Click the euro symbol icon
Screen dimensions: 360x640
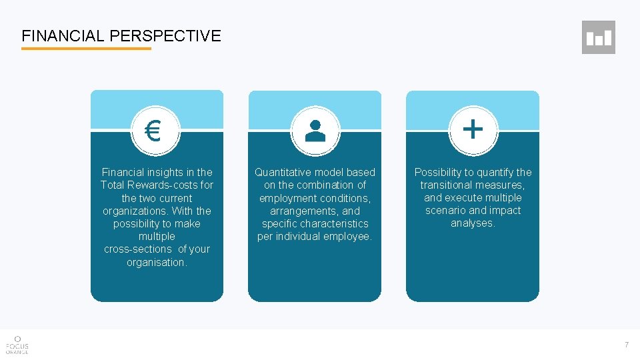[x=153, y=131]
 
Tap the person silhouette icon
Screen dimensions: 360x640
[x=315, y=131]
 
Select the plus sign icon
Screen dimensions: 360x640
[x=473, y=129]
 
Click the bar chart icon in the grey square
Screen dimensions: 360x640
[x=598, y=37]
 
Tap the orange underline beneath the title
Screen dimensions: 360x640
[x=86, y=49]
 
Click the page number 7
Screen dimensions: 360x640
[x=626, y=345]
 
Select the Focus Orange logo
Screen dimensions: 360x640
[x=17, y=344]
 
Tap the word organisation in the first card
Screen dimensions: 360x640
[x=157, y=262]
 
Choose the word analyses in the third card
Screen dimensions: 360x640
[x=473, y=223]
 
